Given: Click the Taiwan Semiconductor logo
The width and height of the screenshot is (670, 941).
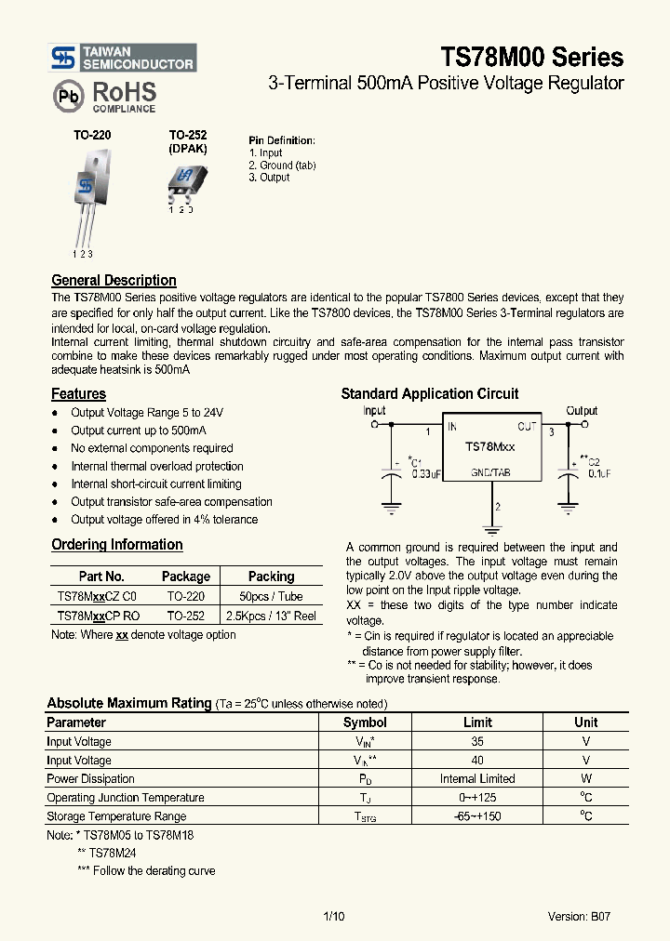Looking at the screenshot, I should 123,58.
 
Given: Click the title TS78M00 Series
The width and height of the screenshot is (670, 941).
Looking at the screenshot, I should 531,58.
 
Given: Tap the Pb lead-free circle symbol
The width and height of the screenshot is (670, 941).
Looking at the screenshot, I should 67,96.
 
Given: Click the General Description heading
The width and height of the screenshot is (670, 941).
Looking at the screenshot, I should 114,280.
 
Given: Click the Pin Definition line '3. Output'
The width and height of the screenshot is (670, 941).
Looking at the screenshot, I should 269,178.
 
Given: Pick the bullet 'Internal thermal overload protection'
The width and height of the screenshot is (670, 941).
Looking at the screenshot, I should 156,466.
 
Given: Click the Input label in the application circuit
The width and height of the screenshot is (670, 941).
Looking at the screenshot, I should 374,410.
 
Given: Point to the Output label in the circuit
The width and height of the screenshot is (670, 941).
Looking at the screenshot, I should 582,410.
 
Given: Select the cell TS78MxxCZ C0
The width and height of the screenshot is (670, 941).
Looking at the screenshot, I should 97,596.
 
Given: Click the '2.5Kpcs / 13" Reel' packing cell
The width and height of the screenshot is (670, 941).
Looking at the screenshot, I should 271,616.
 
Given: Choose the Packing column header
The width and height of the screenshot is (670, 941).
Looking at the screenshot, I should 271,577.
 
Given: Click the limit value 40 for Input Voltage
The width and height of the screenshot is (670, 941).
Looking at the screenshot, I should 477,761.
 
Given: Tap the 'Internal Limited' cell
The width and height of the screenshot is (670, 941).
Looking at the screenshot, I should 477,779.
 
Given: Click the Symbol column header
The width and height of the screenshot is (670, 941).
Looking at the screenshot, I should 365,722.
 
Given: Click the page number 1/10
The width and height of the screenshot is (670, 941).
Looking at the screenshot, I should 333,916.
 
